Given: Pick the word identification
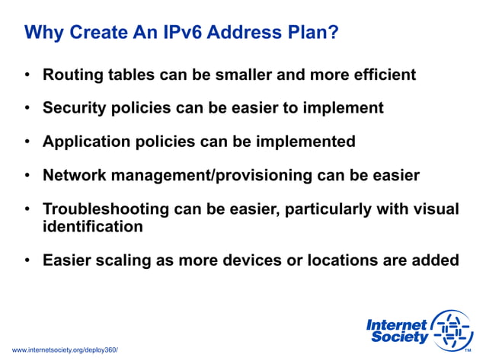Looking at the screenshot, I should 92,226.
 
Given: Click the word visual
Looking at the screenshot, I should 435,209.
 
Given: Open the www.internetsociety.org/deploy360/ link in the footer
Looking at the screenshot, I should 66,349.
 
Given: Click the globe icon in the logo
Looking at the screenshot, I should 452,330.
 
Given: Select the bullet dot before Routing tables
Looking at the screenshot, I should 27,75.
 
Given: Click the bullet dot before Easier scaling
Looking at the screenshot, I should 27,260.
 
